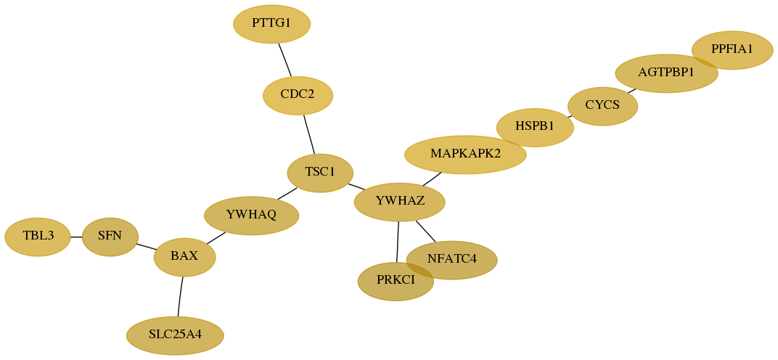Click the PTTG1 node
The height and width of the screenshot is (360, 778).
tap(272, 24)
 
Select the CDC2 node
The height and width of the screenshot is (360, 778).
tap(298, 95)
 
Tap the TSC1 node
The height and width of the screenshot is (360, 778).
tap(320, 173)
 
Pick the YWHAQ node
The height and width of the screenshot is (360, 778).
tap(252, 216)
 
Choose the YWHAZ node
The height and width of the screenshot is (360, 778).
tap(399, 202)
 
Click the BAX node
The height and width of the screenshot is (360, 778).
tap(184, 257)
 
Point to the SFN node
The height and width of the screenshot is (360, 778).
tap(110, 237)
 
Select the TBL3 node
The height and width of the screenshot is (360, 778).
tap(38, 237)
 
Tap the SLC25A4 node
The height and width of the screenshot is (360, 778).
tap(175, 335)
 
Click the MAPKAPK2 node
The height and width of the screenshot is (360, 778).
tap(465, 155)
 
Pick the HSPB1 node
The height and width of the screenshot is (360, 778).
tap(535, 127)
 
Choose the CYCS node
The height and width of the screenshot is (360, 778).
tap(602, 106)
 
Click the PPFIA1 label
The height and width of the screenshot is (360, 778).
tap(732, 49)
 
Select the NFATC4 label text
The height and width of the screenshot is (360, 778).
tap(451, 260)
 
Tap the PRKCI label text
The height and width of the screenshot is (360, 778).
tap(396, 281)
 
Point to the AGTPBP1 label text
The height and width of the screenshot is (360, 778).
tap(666, 73)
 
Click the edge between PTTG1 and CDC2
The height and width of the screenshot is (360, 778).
tap(284, 60)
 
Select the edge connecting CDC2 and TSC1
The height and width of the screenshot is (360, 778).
tap(309, 134)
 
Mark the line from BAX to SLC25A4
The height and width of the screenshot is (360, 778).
tap(180, 296)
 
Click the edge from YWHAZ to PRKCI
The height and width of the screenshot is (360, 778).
tap(398, 241)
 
